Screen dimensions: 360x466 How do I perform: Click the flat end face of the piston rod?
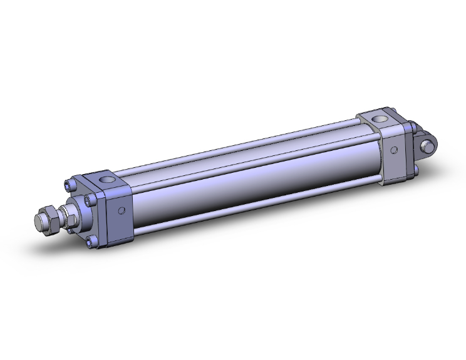[x=40, y=222]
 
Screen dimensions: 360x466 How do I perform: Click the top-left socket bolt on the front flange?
[x=70, y=184]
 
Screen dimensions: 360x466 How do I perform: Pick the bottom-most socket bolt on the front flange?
[x=93, y=244]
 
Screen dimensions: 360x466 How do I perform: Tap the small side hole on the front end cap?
[x=122, y=210]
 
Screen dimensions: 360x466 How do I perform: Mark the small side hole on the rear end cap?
[x=395, y=149]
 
